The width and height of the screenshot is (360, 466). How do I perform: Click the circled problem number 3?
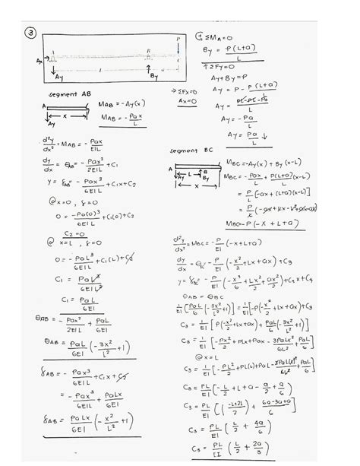click(x=30, y=33)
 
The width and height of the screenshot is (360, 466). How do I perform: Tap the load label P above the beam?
click(x=178, y=37)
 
